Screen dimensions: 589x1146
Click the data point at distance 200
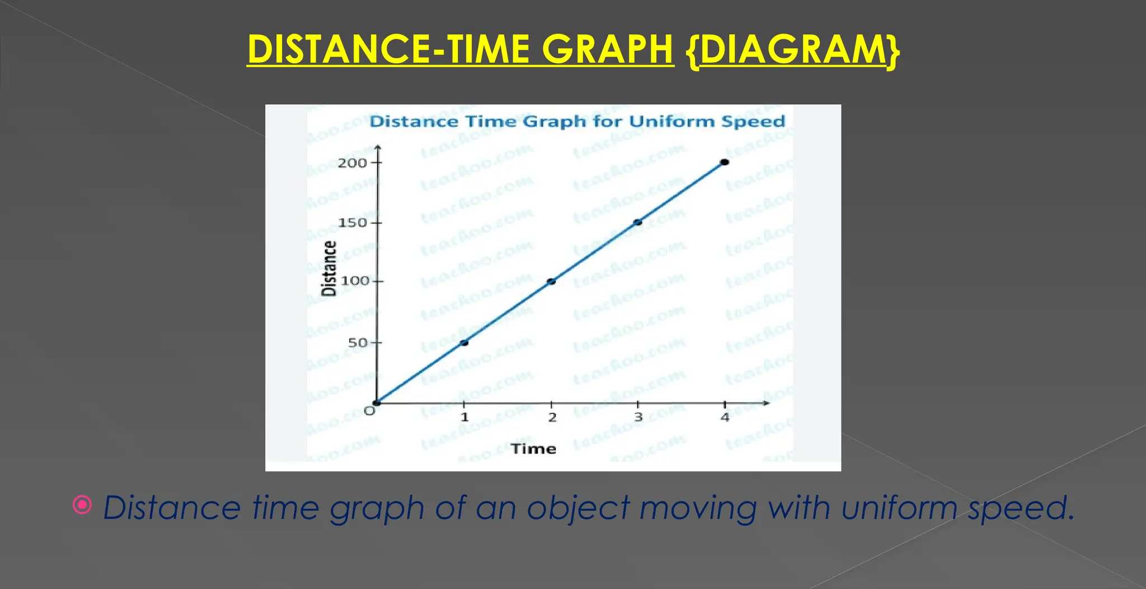[724, 162]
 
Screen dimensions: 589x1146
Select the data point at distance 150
[637, 222]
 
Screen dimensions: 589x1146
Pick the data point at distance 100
[551, 281]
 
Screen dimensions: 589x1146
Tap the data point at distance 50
[464, 343]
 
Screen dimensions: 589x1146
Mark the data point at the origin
[378, 402]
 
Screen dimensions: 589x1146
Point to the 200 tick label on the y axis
[352, 163]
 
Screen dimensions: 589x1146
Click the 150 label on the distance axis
[352, 223]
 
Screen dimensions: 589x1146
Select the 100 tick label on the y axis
[355, 281]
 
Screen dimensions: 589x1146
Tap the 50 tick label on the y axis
[358, 343]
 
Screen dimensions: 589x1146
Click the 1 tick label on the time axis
[464, 417]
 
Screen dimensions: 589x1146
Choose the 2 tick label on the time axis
[552, 417]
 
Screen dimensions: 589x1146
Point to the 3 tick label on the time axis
[638, 417]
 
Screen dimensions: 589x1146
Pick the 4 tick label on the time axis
[725, 417]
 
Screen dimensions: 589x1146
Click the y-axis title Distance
[329, 268]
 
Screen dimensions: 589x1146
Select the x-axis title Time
[533, 449]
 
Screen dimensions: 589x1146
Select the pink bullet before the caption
[82, 505]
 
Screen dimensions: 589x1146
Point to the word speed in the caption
[1021, 508]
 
